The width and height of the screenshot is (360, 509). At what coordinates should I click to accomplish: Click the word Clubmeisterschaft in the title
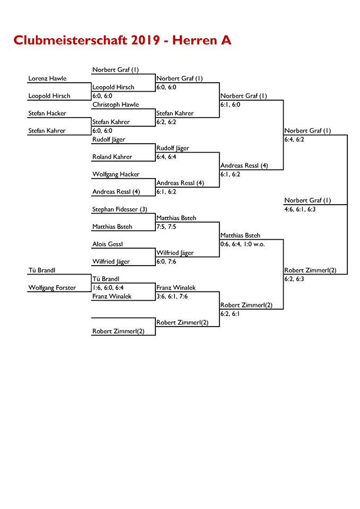click(71, 40)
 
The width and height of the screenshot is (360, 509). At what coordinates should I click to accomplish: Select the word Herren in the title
click(195, 40)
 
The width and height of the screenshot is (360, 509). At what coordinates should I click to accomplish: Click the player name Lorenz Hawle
click(47, 78)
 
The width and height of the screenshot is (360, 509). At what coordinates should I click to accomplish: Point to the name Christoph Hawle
click(116, 104)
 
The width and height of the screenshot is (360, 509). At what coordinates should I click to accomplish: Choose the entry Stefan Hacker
click(47, 113)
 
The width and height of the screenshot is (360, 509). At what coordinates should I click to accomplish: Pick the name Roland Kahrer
click(112, 157)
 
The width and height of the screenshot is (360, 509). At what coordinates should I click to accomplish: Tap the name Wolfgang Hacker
click(116, 174)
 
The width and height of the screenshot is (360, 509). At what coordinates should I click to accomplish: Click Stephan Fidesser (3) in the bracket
click(119, 209)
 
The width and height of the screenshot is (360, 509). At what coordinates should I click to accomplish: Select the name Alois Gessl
click(108, 244)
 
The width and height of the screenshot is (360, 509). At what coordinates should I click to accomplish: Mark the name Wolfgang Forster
click(52, 287)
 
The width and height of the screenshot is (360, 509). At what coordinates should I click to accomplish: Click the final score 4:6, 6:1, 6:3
click(300, 209)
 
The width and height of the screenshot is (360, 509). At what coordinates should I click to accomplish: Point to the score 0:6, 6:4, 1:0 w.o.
click(242, 244)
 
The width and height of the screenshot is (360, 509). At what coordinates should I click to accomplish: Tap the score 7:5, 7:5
click(166, 226)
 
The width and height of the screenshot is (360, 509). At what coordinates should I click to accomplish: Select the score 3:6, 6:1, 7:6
click(172, 296)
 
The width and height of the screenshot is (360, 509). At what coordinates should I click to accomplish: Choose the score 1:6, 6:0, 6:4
click(108, 287)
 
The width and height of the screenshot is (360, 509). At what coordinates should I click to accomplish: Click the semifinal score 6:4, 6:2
click(294, 139)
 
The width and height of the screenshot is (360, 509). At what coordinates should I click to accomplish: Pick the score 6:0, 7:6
click(166, 261)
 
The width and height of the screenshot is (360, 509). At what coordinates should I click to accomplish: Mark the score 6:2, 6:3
click(294, 279)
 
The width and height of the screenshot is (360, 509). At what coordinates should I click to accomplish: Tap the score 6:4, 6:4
click(166, 157)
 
